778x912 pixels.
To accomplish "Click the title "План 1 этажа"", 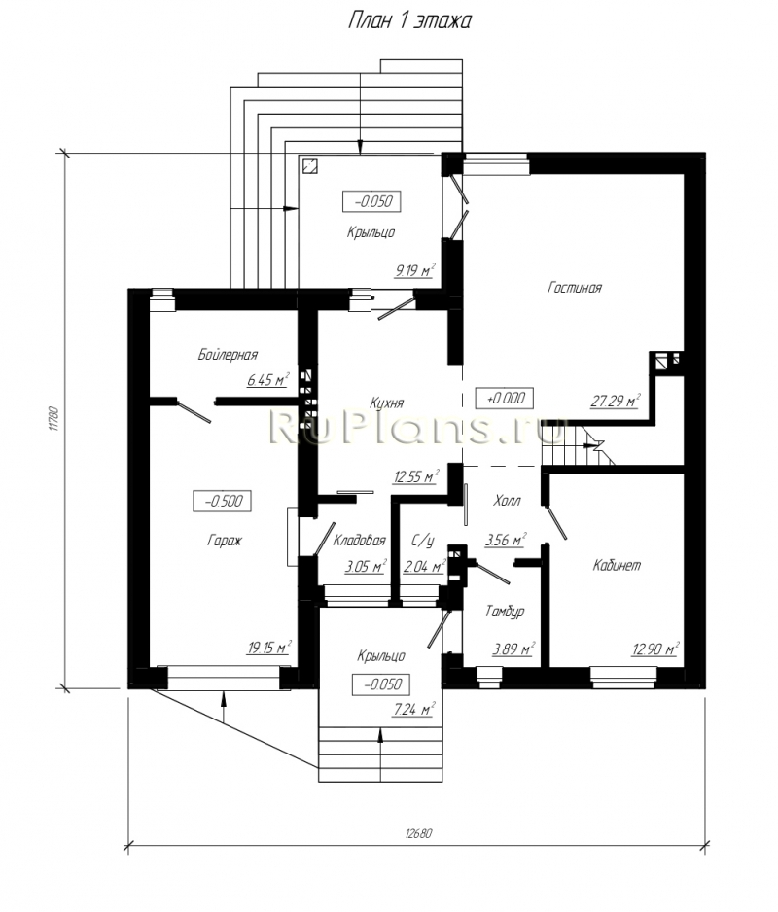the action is pos(409,21).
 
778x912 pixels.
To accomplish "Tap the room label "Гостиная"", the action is pos(575,288).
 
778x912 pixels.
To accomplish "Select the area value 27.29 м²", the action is pos(615,401).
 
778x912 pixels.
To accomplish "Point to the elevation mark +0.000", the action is pos(505,398).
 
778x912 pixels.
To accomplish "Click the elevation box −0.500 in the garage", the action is pos(223,501).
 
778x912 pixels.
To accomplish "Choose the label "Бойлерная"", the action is pos(228,355).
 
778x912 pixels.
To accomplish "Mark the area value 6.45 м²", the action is pos(267,380).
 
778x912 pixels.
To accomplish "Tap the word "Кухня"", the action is pos(386,403).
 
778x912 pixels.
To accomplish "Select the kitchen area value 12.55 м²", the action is pos(416,477).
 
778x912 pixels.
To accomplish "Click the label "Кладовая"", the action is pos(359,541).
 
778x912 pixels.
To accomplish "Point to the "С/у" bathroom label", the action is pos(423,541).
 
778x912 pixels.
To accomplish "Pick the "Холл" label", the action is pos(507,500).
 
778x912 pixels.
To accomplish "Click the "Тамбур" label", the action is pos(505,612).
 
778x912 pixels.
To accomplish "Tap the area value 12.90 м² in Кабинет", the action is pos(655,649).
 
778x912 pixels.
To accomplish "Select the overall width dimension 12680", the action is pos(418,833).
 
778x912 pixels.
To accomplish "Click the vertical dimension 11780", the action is pos(53,419).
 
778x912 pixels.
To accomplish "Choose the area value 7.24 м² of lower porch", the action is pos(413,709).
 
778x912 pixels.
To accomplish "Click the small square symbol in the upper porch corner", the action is pos(310,166).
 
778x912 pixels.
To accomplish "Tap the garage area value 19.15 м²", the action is pos(268,648).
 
